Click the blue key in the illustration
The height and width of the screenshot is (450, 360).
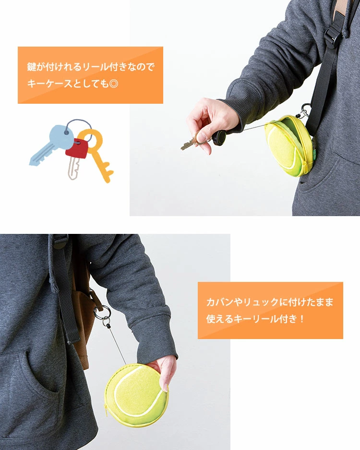52,144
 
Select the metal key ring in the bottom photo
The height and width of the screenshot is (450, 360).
101,311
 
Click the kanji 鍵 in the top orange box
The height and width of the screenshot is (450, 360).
32,67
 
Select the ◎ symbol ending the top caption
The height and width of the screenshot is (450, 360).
114,84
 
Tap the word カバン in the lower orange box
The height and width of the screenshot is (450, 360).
220,302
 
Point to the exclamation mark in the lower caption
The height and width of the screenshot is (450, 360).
302,319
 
